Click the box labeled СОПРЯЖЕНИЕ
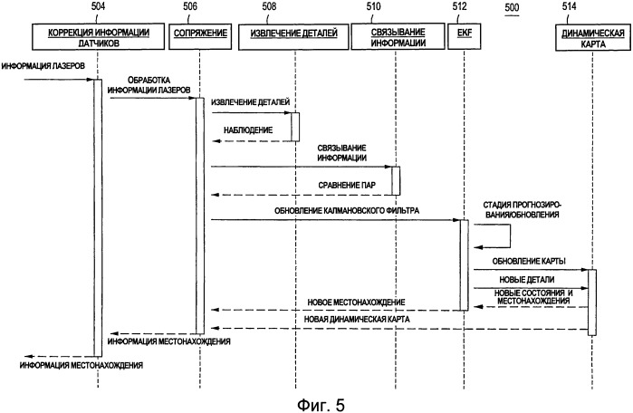point(200,36)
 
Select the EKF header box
point(465,36)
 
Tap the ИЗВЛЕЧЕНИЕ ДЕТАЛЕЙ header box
point(293,37)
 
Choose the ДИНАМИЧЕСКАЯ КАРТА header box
point(592,38)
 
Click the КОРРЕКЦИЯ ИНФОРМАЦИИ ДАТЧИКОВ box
point(99,36)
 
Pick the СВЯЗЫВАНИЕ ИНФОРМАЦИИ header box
point(398,37)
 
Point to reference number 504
point(98,6)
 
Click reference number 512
point(460,6)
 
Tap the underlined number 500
point(512,7)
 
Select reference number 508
point(269,6)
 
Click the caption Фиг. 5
point(321,404)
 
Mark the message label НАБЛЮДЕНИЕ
point(248,130)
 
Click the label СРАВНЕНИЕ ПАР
point(347,186)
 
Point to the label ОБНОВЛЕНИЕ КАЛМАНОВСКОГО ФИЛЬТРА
point(347,210)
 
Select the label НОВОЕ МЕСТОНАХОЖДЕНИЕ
point(356,302)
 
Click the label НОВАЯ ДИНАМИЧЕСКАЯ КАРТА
point(357,320)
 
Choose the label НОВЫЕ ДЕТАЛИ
point(527,279)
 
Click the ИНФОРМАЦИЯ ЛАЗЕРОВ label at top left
point(43,66)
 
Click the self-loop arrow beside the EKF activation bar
point(510,236)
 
